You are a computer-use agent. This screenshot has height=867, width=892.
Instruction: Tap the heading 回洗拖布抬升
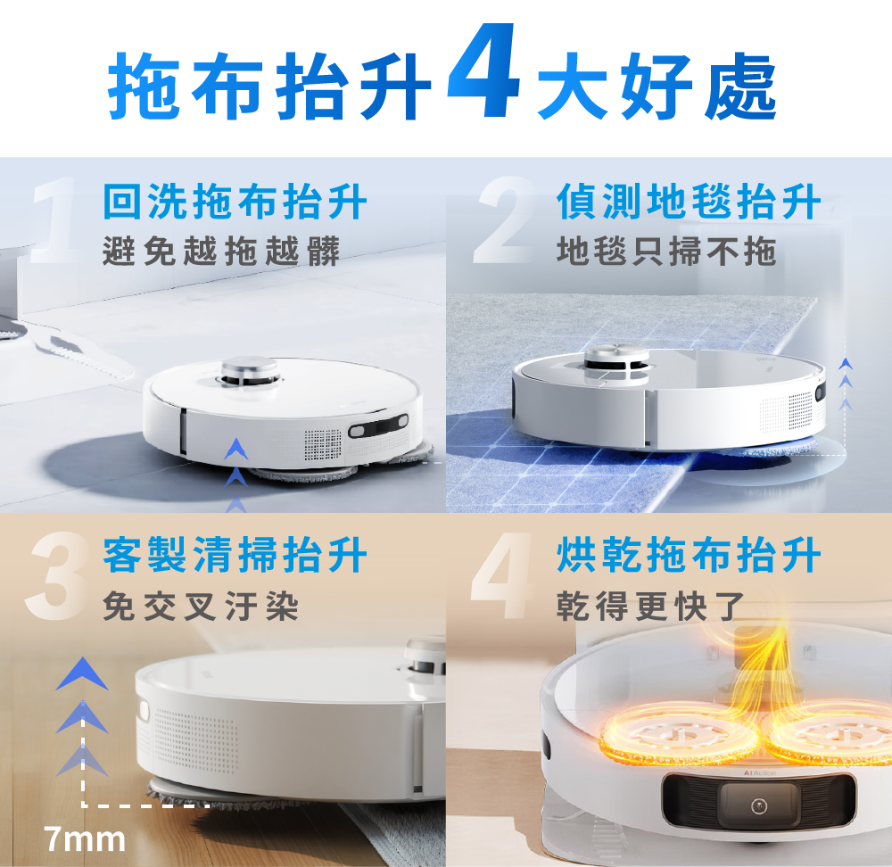235,202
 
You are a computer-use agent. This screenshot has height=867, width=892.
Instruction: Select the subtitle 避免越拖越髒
221,252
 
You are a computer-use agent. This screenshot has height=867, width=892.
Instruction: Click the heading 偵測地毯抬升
689,202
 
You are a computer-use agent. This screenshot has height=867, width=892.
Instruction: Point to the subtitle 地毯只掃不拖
665,252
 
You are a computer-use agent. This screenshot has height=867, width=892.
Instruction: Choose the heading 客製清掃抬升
235,556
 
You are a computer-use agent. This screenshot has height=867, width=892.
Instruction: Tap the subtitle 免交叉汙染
201,607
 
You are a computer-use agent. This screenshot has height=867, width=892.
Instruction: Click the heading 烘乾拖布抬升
689,556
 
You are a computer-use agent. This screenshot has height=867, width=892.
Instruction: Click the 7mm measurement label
85,839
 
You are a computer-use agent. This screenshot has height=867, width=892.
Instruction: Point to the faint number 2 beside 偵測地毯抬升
505,223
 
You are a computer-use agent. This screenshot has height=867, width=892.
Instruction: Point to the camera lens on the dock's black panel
758,805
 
